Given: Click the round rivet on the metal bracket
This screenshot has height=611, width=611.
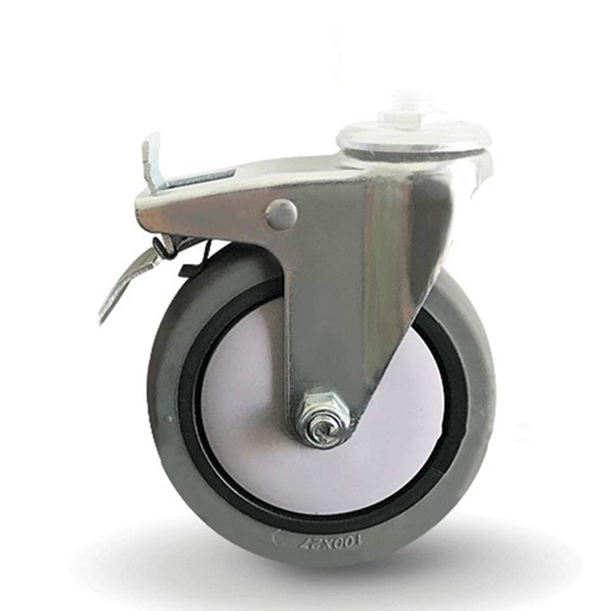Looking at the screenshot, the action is coord(281,212).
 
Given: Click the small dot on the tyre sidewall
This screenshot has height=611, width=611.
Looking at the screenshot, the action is coord(168,419).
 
